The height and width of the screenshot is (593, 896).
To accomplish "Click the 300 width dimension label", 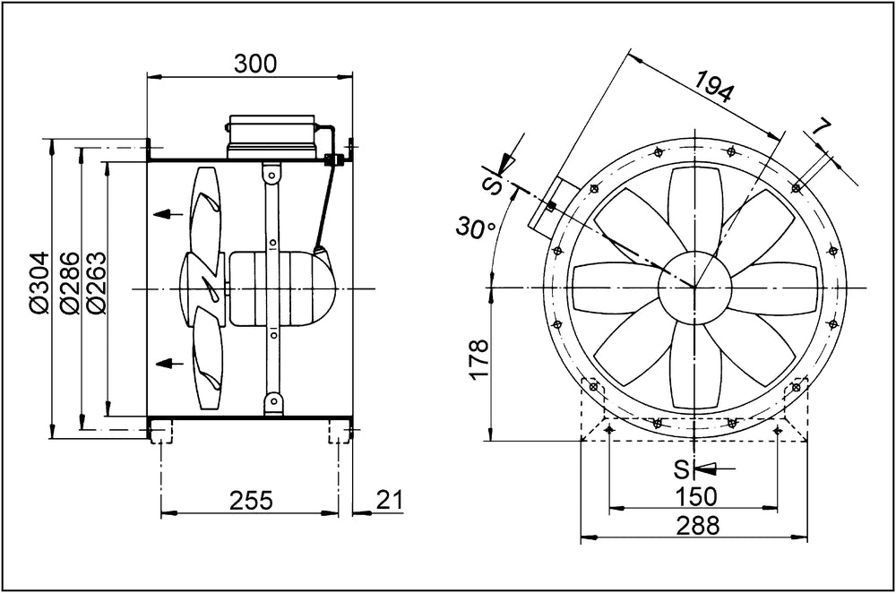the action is pos(254,64).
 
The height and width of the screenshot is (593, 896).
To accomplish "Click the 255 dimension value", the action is pos(252,501).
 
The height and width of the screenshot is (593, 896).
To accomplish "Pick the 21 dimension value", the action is pos(391,500).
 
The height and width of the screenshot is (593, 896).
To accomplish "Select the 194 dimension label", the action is pos(713,86).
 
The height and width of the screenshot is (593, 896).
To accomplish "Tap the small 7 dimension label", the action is pos(820,128).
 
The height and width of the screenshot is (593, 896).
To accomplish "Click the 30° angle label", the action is pos(476,228).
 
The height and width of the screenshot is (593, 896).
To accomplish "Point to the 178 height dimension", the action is pos(478,359).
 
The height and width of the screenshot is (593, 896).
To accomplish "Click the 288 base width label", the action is pos(698,525).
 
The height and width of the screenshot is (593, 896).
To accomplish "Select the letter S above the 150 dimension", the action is pos(681,469).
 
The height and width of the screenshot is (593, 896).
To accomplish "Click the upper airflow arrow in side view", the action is pos(168,214).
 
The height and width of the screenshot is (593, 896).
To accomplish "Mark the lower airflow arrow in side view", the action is pos(168,362).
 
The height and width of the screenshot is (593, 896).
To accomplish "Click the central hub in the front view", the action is pos(695,287).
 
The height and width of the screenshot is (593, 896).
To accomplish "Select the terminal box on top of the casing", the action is pos(271,136).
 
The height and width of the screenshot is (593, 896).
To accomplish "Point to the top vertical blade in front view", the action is pos(695,211).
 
